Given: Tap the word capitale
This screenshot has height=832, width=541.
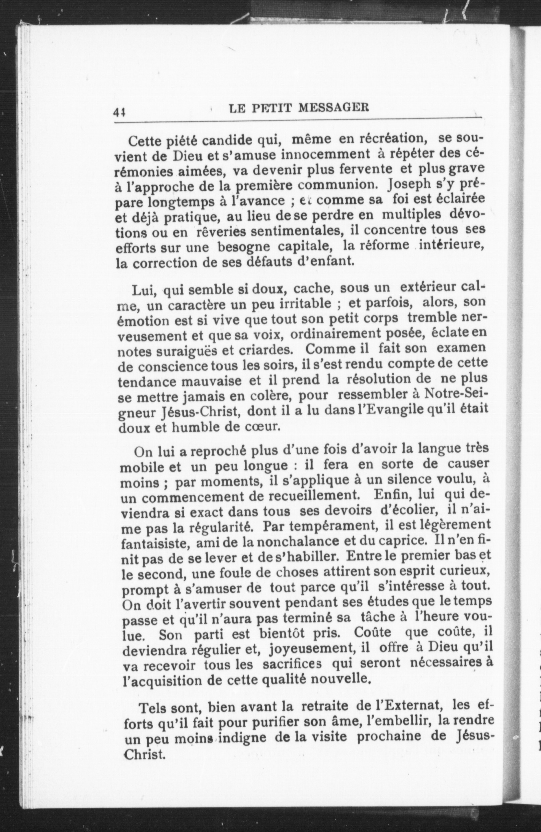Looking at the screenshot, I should coord(305,246).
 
